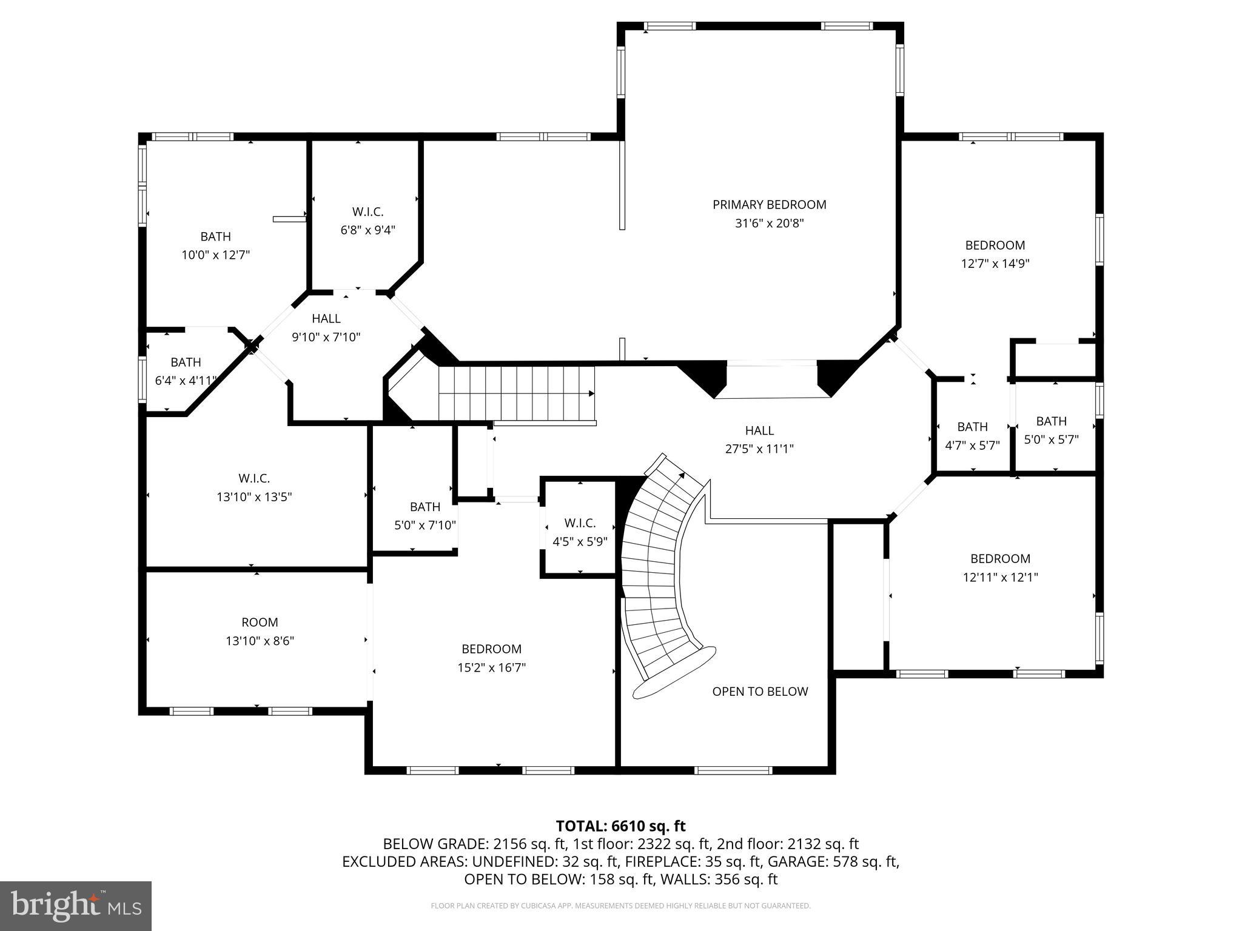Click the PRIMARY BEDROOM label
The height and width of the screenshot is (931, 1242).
(769, 205)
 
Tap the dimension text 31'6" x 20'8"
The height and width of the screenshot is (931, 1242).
(769, 224)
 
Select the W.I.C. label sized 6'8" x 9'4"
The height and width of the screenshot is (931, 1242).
(368, 212)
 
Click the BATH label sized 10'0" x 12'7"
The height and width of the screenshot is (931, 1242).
(215, 236)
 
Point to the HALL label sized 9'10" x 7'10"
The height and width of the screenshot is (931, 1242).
(326, 319)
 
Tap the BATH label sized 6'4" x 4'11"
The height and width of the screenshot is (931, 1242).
(186, 362)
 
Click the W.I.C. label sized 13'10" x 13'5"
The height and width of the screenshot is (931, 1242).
(254, 478)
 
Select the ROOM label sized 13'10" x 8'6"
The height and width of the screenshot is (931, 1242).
(260, 622)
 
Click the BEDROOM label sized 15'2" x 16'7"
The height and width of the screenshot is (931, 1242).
(491, 649)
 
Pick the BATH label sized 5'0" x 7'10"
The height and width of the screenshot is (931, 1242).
(425, 507)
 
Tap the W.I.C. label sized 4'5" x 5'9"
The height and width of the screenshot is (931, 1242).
(580, 523)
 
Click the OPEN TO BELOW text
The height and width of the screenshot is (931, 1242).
(760, 692)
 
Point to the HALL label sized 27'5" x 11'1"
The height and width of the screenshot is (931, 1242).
(759, 430)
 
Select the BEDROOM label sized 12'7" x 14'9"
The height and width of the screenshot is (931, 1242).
(995, 245)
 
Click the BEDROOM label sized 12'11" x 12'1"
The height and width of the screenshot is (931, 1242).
(1000, 559)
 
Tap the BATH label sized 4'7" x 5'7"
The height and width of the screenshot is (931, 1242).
(972, 427)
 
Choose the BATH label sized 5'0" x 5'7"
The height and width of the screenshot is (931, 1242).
(1051, 421)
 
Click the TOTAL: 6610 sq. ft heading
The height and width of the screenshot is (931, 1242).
(620, 826)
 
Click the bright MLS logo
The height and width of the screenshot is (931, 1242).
(76, 906)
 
